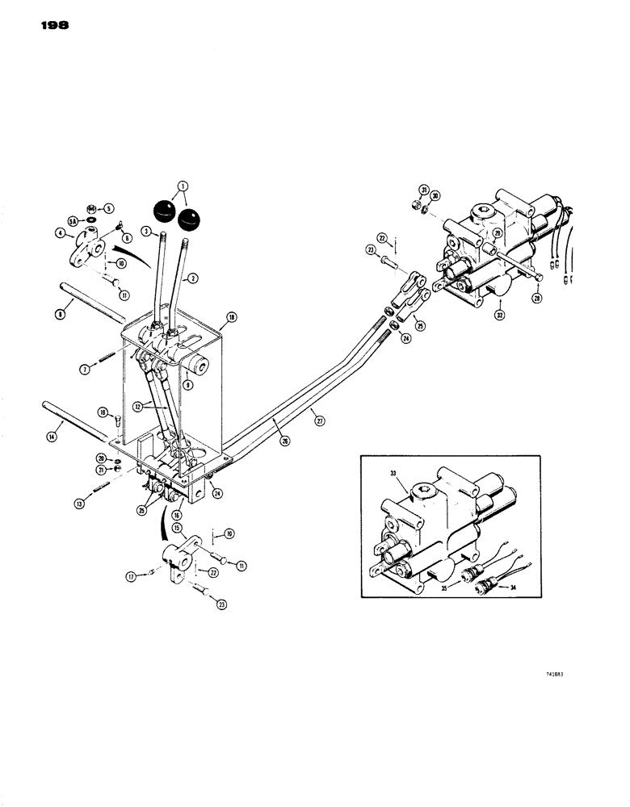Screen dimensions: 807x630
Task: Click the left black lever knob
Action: [x=165, y=211]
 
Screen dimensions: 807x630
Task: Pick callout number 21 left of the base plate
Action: [x=99, y=470]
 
